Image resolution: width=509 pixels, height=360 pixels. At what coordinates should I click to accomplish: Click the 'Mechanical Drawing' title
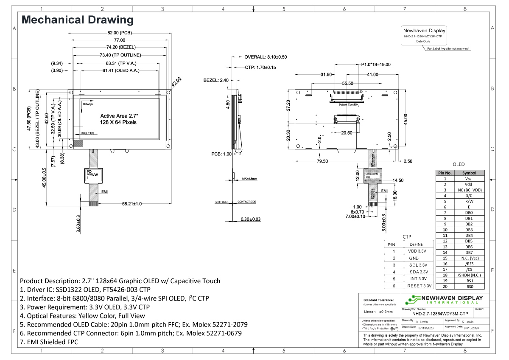77,20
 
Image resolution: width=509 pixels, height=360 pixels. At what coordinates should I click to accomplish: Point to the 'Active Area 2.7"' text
119,115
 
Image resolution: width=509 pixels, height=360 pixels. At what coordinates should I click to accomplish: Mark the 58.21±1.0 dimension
132,204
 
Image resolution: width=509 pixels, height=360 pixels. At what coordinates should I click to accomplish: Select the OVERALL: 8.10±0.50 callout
266,56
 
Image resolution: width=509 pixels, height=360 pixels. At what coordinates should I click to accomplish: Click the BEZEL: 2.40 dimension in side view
216,80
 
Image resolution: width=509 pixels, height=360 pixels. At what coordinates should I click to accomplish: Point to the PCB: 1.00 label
222,154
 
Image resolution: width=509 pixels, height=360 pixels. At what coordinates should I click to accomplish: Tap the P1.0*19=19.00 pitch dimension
375,65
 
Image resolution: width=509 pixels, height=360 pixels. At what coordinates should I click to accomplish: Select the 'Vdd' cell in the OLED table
468,184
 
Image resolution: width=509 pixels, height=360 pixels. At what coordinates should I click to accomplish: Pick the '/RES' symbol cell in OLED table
468,264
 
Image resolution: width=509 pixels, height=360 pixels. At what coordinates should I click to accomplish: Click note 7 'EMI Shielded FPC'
49,342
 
